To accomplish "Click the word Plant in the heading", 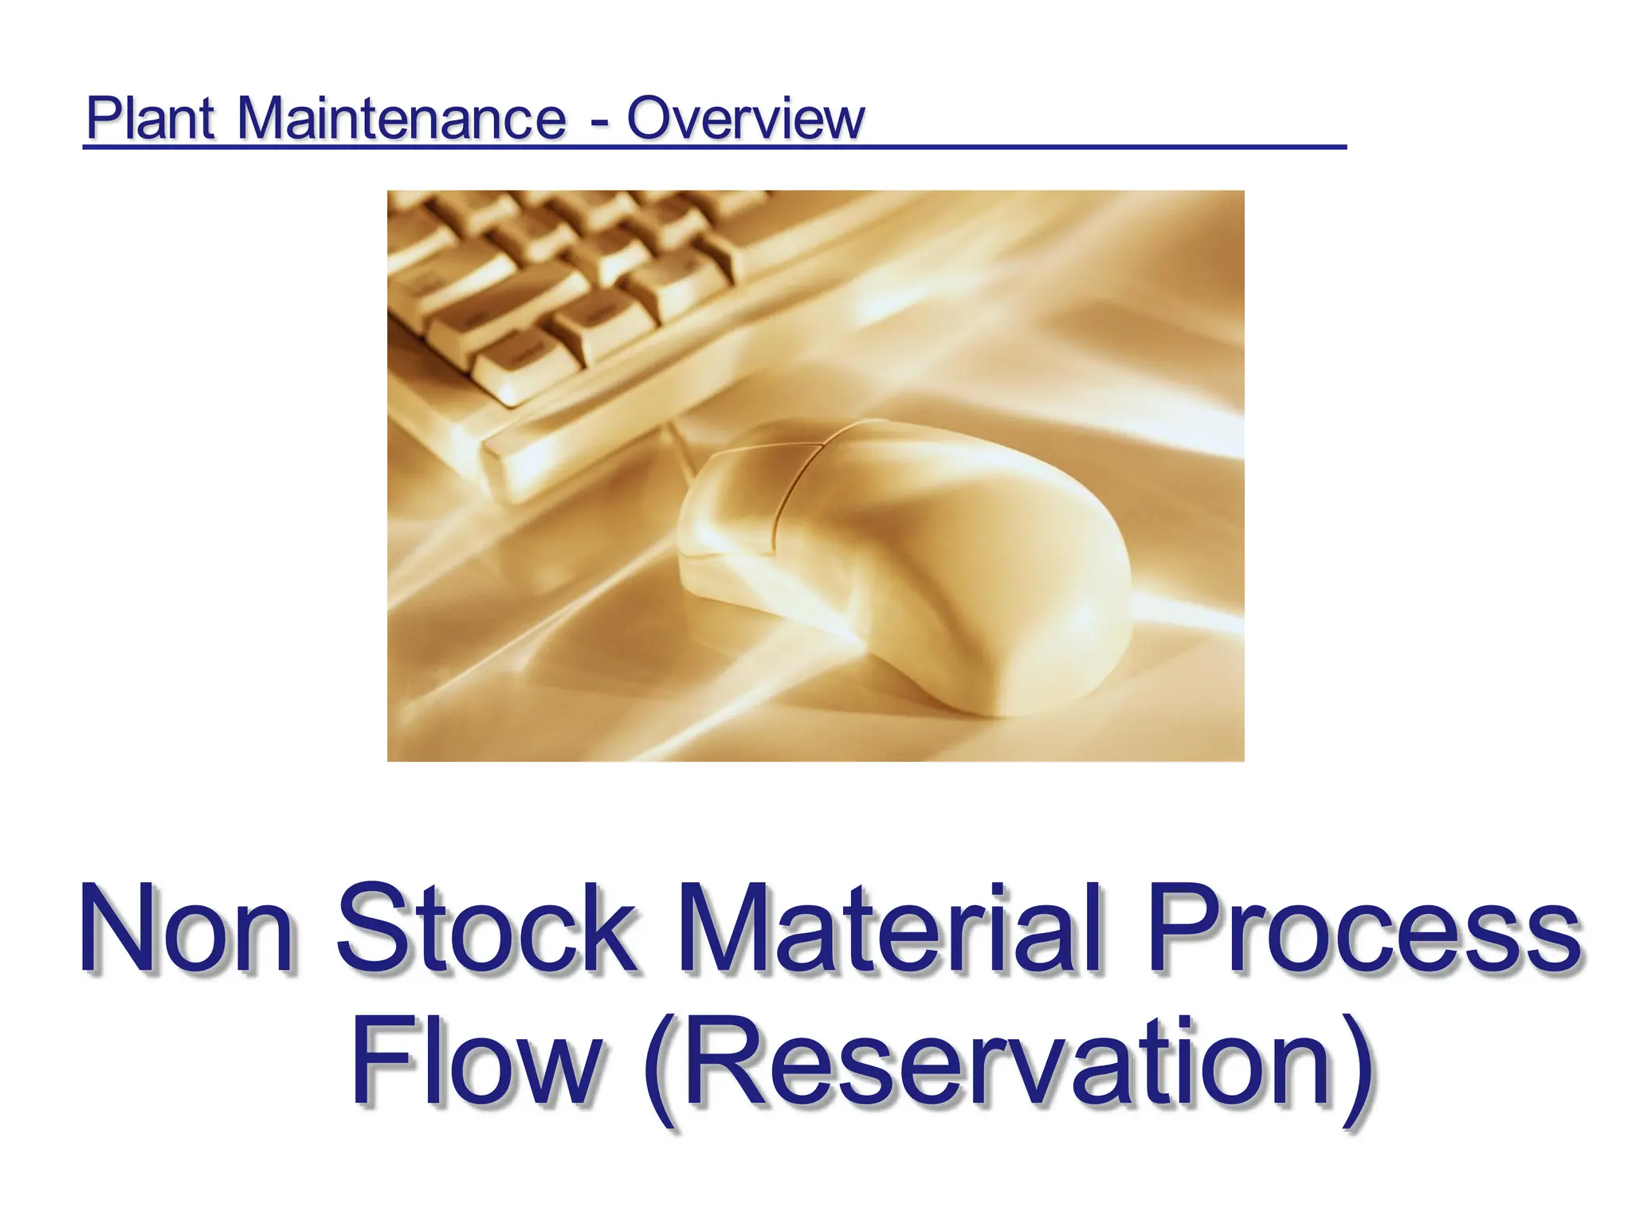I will point(150,119).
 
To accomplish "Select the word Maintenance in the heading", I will point(402,119).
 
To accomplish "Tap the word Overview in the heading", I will point(745,119).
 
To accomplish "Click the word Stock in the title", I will point(486,929).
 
